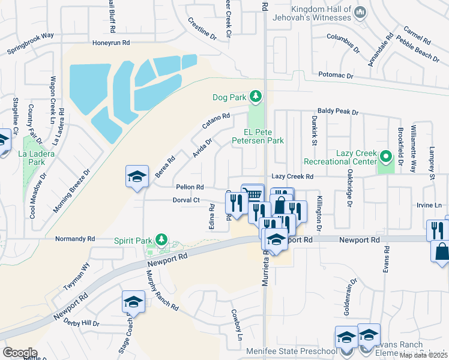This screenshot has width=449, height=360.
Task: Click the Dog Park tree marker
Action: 256,97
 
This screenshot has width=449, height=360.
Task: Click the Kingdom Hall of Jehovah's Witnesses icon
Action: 360,12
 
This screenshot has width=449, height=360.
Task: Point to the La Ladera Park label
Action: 40,158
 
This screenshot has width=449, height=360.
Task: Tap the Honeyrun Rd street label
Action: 111,43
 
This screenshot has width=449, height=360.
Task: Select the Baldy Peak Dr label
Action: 337,112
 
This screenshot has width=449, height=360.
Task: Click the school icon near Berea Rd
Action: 137,176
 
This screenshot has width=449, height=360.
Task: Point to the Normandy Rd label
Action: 75,239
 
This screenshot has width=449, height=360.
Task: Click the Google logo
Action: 20,352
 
